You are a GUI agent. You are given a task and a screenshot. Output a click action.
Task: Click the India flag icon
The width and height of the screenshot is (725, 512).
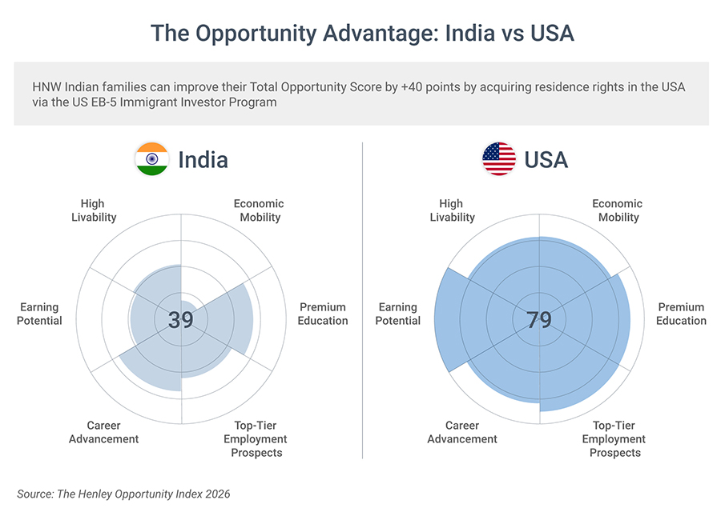click(151, 159)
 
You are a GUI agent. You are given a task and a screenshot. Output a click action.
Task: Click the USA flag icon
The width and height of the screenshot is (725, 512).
click(498, 159)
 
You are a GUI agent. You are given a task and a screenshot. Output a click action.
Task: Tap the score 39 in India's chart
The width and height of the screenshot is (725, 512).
click(181, 320)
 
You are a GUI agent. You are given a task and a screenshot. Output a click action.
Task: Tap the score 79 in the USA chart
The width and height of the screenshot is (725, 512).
click(539, 320)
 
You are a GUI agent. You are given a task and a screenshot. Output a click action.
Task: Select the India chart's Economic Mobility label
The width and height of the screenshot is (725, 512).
click(259, 210)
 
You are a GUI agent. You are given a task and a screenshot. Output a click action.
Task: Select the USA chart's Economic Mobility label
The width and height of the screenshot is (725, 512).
click(618, 210)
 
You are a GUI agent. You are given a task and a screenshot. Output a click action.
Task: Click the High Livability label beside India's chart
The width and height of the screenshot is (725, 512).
click(93, 210)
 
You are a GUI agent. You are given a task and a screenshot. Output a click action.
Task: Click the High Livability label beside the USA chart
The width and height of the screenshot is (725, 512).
click(452, 210)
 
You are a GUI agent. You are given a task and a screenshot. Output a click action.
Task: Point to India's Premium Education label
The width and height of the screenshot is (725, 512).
click(324, 314)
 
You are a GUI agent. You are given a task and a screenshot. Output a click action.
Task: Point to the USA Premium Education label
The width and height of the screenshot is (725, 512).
click(682, 314)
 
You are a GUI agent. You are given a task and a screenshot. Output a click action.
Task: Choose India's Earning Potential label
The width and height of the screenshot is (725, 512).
click(40, 314)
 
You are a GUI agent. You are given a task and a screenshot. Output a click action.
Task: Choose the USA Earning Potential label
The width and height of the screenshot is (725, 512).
click(398, 314)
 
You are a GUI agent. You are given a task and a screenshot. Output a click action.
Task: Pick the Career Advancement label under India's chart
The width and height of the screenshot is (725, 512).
click(103, 432)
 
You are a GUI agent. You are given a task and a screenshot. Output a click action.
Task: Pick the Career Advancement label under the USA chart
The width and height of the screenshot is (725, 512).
click(462, 432)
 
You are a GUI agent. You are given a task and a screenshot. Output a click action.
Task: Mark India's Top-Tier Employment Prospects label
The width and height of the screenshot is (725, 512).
click(256, 439)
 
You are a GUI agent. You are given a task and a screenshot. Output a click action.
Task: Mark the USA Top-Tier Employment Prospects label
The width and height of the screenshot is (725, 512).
click(614, 439)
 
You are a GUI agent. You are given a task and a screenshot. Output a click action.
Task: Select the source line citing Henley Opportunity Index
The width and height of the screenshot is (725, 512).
click(123, 494)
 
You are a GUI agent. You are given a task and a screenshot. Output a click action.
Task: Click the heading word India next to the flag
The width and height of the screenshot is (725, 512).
click(203, 159)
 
